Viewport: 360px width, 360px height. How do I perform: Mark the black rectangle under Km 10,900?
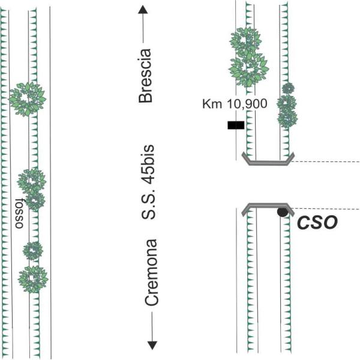coord(235,125)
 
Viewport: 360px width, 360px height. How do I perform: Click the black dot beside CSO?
coord(281,211)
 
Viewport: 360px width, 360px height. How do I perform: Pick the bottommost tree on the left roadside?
coord(33,278)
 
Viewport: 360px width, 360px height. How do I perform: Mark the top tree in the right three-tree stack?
coord(288,88)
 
